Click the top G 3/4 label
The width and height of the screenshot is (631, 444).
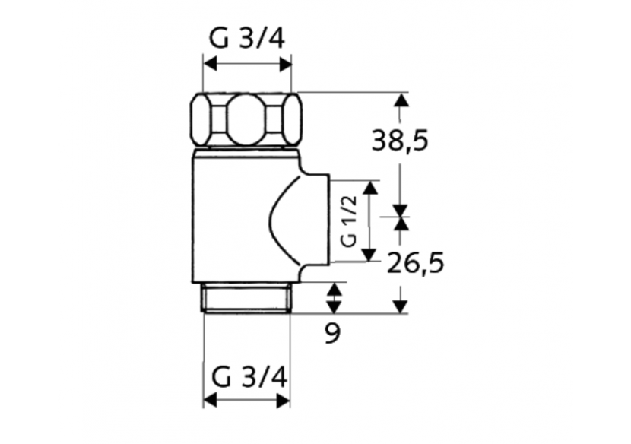click(247, 37)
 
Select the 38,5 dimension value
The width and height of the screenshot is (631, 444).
click(400, 140)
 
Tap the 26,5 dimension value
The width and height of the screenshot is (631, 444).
click(415, 264)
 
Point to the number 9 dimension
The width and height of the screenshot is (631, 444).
click(332, 333)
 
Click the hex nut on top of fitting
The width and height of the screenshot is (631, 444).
click(246, 119)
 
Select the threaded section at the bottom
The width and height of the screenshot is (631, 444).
click(247, 298)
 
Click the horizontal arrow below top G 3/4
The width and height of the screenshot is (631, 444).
click(247, 65)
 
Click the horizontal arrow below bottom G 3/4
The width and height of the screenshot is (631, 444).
click(247, 401)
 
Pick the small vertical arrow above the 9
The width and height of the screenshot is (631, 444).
click(333, 297)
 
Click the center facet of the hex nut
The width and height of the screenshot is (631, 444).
click(246, 119)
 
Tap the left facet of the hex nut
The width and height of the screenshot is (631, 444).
click(204, 119)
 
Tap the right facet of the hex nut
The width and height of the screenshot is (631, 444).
click(290, 119)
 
